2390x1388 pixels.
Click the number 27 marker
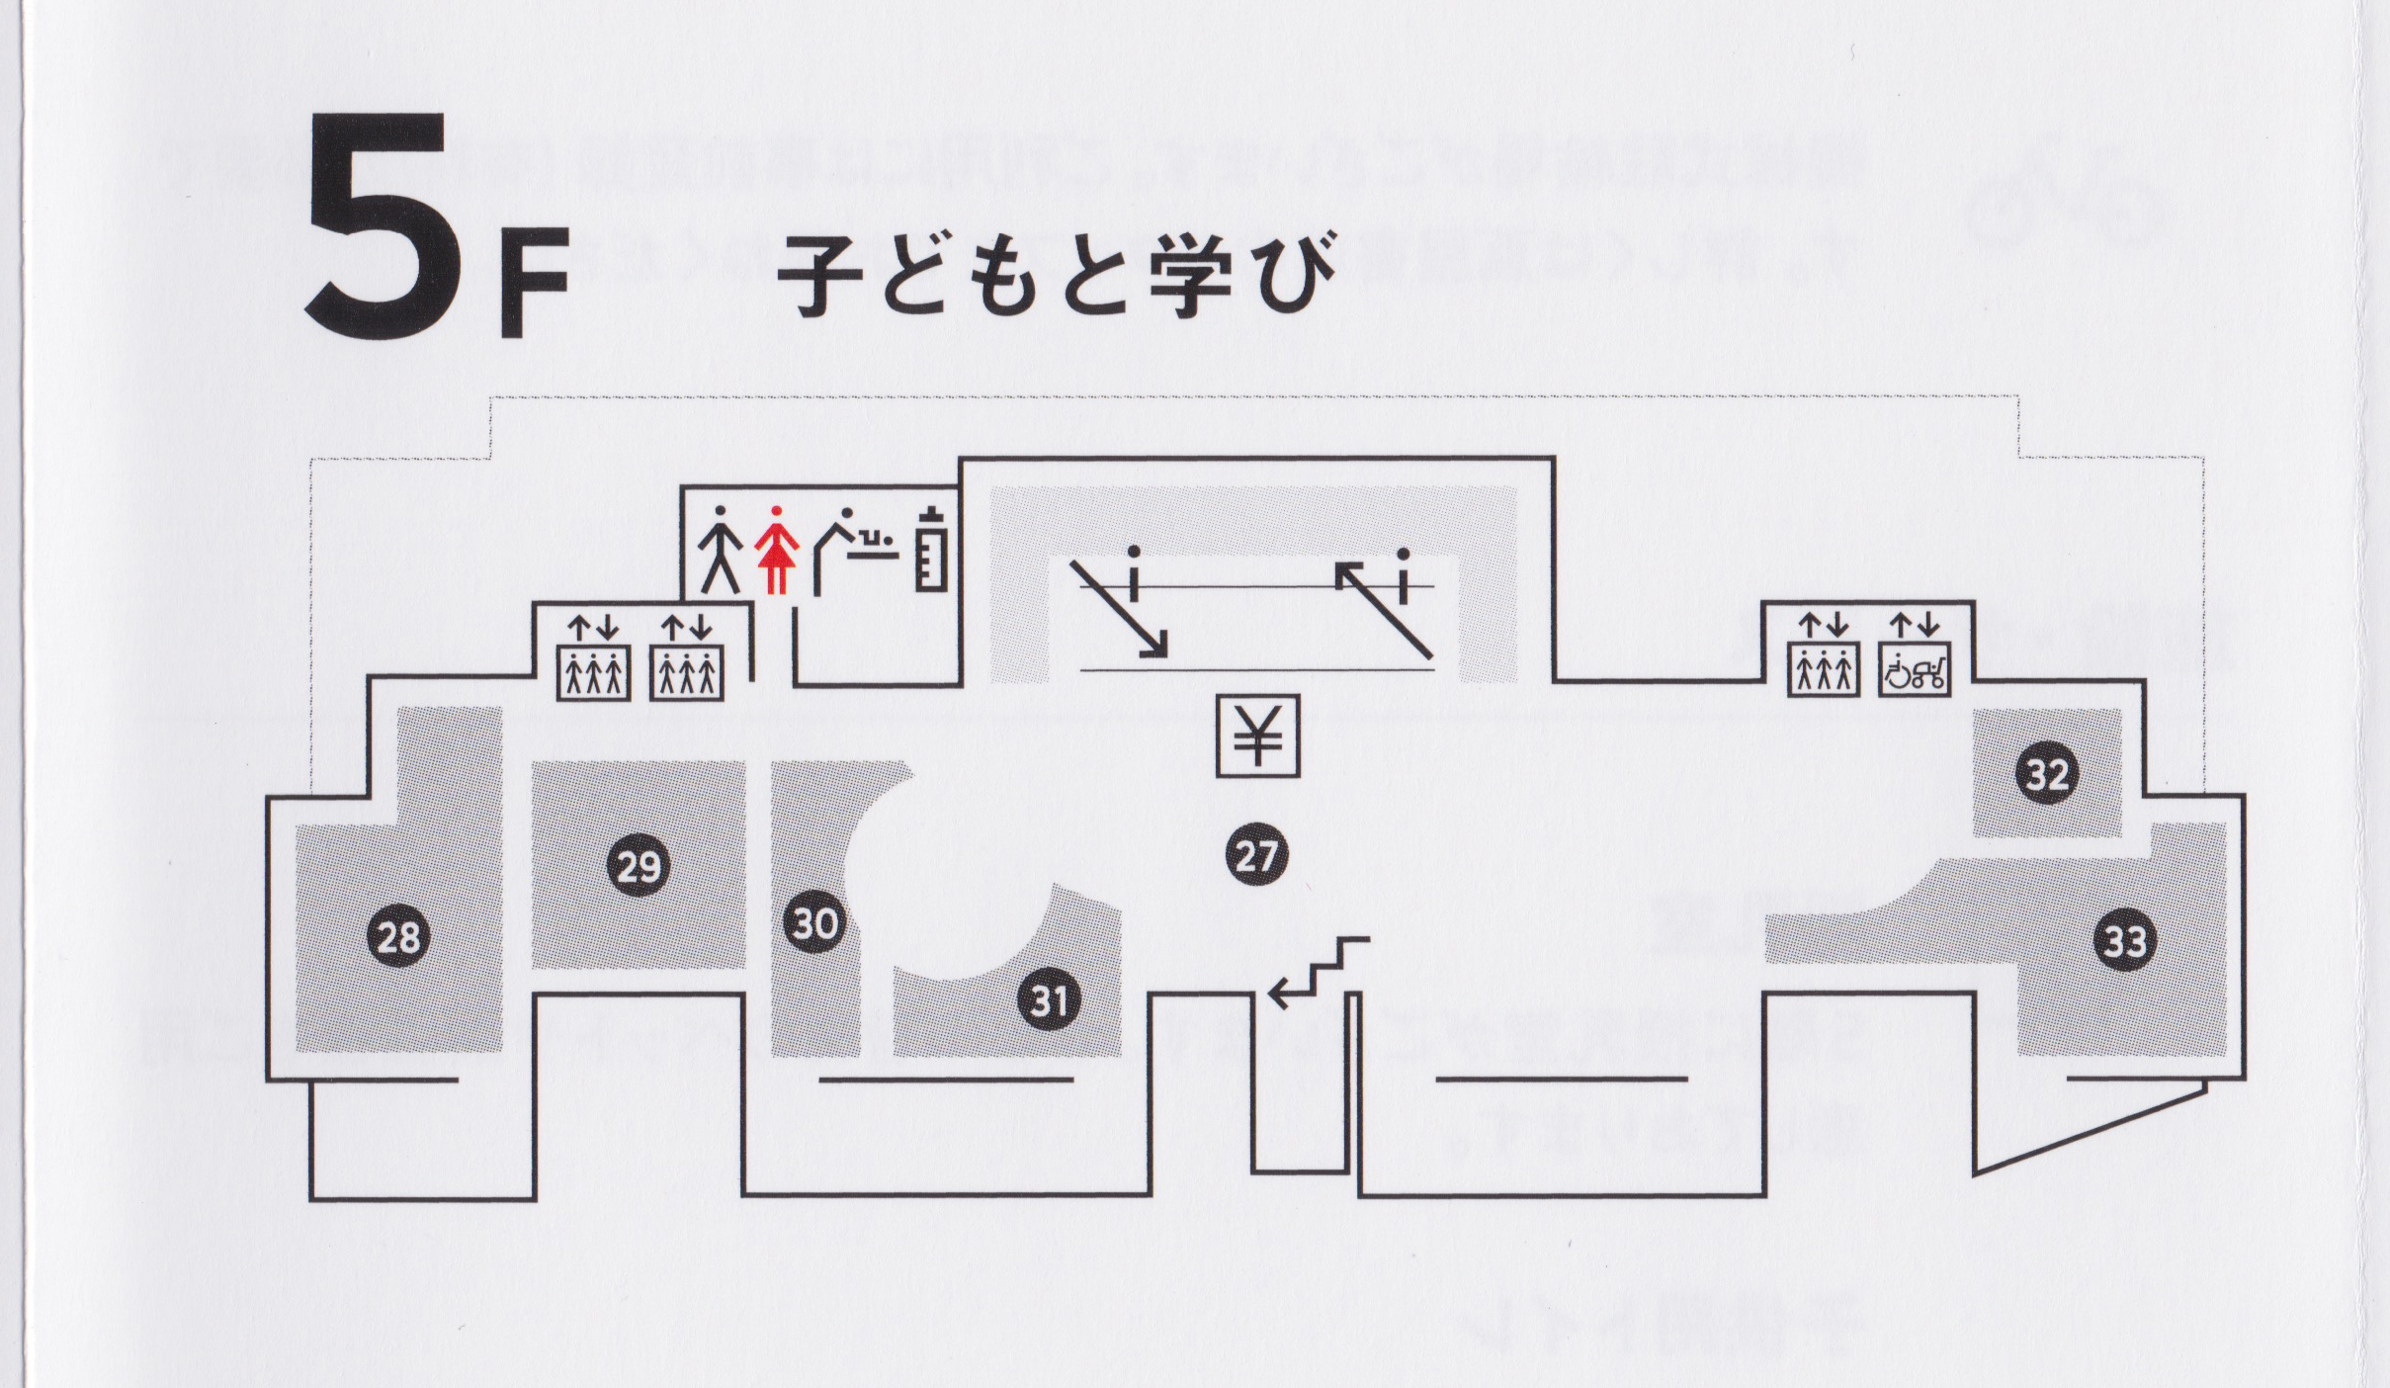click(x=1256, y=855)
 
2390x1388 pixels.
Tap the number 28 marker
click(x=398, y=936)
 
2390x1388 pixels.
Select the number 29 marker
click(x=639, y=866)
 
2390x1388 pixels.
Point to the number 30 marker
click(x=815, y=923)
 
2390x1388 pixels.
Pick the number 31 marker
click(x=1049, y=1000)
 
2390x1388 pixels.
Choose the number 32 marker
click(x=2047, y=773)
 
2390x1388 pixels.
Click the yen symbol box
click(x=1257, y=736)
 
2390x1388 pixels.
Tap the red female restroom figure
click(x=777, y=550)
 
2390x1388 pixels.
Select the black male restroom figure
click(x=721, y=550)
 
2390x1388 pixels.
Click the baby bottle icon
click(x=930, y=550)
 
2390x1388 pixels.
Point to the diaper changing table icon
click(x=856, y=550)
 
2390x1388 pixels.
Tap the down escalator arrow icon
click(x=1122, y=603)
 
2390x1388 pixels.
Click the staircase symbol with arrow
click(x=1319, y=973)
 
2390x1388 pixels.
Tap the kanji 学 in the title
click(x=1189, y=274)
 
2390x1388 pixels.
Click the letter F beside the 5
click(x=534, y=284)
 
